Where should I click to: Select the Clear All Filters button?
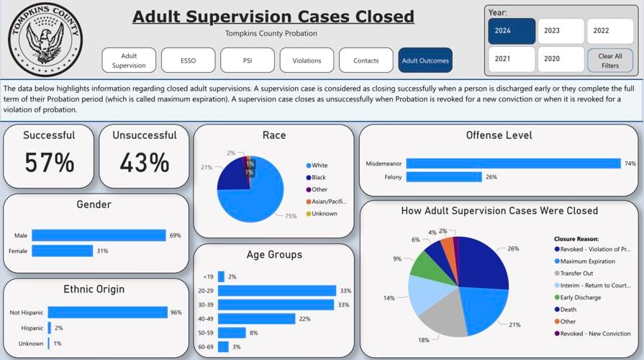coord(609,60)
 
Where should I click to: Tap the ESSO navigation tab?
coord(188,60)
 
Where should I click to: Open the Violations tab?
coord(307,60)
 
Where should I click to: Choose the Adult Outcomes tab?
coord(425,60)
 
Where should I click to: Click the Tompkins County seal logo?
coord(45,39)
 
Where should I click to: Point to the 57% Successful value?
coord(49,163)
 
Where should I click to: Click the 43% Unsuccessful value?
coord(144,163)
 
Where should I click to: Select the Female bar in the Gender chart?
coord(62,251)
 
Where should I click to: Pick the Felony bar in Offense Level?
coord(443,176)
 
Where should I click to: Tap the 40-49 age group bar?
coord(256,318)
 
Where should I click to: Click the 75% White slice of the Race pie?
coord(259,194)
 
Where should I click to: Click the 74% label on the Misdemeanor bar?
coord(630,163)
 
